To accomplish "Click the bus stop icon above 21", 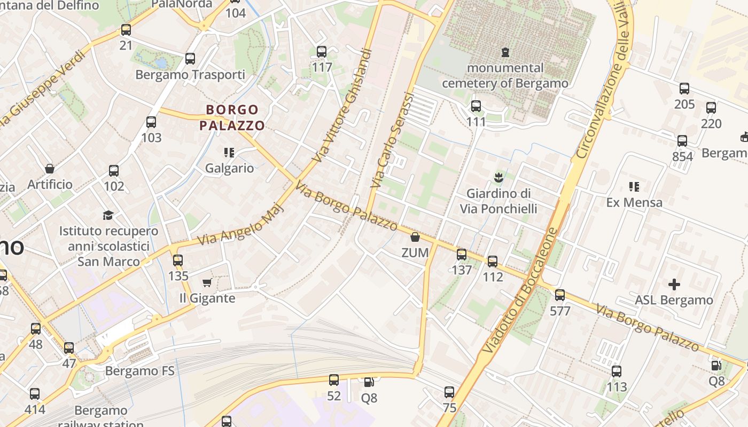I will (x=126, y=30).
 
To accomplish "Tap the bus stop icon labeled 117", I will (x=322, y=52).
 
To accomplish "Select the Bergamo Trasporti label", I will (x=190, y=75).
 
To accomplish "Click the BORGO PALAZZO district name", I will (x=232, y=118).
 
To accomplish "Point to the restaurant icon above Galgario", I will (x=229, y=153).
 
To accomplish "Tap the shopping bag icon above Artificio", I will (x=50, y=169).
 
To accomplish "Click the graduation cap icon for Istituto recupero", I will (x=108, y=215).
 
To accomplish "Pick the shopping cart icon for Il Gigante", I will (x=207, y=282).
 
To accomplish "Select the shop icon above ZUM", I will (x=415, y=237).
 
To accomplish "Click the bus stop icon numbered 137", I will (x=462, y=255).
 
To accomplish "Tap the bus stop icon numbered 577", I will (x=560, y=295).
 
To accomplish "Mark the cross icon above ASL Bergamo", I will (x=674, y=284).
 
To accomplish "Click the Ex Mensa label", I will (x=634, y=202).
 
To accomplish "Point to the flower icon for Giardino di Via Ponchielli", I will (x=498, y=177).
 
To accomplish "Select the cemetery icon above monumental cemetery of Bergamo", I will (x=505, y=52).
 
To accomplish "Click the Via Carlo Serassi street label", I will (x=392, y=140).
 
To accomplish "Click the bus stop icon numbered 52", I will (x=334, y=380).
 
